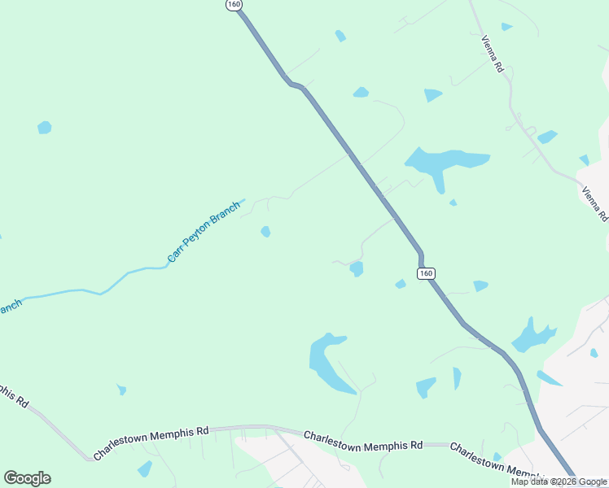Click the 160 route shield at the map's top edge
click(x=234, y=5)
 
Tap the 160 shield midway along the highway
click(x=427, y=273)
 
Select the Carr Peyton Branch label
click(x=204, y=232)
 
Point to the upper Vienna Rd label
click(x=493, y=55)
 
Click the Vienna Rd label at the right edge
click(x=595, y=204)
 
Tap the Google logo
click(x=27, y=478)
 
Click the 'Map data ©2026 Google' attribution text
click(x=559, y=481)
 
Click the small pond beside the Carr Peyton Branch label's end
click(x=265, y=232)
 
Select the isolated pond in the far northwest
click(x=44, y=128)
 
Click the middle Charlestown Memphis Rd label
click(x=363, y=441)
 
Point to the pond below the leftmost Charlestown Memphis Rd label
click(x=145, y=468)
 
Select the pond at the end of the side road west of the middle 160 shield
click(x=356, y=268)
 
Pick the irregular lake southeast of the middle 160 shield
click(x=532, y=335)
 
